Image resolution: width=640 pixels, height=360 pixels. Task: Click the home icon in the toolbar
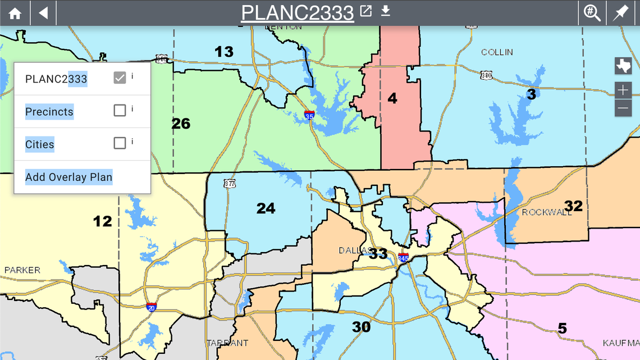(15, 13)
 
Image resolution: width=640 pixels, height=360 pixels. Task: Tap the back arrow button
(43, 13)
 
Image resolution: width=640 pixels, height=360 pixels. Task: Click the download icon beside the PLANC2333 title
(385, 11)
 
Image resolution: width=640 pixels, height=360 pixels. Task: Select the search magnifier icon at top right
(592, 13)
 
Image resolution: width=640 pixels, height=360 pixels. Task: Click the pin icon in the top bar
(620, 13)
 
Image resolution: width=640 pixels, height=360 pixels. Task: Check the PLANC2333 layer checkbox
(120, 78)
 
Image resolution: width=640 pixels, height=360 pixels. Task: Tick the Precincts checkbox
(120, 111)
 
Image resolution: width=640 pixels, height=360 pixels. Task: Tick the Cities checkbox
(120, 143)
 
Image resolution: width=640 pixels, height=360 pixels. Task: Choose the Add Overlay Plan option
(68, 177)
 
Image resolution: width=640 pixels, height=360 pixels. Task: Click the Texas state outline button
(623, 66)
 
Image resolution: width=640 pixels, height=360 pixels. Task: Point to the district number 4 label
(392, 98)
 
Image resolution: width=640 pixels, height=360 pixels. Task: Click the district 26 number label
(181, 124)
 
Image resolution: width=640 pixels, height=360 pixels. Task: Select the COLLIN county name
(497, 52)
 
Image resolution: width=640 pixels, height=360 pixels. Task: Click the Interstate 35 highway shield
(309, 115)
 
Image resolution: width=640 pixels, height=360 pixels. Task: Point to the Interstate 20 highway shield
(151, 307)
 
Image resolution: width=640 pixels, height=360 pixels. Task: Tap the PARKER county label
(22, 270)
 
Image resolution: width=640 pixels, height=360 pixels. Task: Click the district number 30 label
(361, 326)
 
